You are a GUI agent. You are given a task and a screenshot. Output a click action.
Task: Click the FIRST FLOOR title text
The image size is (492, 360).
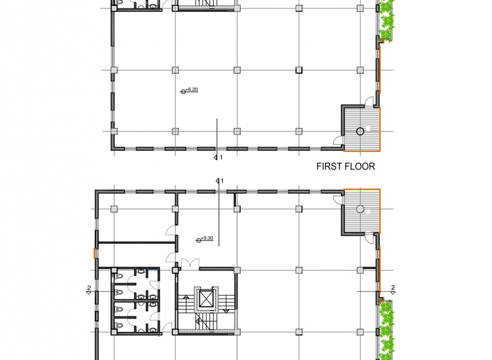346,166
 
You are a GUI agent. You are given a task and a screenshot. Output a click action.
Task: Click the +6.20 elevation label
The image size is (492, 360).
192,90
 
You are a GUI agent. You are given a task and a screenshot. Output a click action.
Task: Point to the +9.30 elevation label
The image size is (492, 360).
207,238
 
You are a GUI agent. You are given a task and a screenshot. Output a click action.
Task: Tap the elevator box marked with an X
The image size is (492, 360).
206,299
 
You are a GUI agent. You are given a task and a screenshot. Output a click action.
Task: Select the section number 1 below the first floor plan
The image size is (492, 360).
221,157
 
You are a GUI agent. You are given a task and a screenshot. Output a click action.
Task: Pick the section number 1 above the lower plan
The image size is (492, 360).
222,181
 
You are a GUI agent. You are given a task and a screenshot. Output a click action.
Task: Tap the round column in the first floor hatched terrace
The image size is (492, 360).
360,131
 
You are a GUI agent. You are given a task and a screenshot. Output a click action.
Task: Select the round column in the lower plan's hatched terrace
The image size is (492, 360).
360,209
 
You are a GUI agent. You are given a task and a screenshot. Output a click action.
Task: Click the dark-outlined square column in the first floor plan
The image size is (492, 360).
299,70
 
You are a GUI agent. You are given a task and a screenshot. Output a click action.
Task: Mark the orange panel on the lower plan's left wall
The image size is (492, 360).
94,253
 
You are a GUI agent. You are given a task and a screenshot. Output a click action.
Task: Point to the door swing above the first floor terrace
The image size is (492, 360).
369,101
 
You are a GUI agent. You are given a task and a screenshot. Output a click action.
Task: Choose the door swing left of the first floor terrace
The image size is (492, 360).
338,140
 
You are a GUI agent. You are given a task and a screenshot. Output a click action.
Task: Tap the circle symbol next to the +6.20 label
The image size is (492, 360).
183,92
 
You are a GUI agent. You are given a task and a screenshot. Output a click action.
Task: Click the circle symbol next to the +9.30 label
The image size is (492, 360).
199,241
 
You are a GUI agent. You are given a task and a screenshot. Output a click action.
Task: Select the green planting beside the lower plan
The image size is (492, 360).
386,330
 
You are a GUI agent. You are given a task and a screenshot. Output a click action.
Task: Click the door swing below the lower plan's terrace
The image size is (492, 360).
369,238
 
